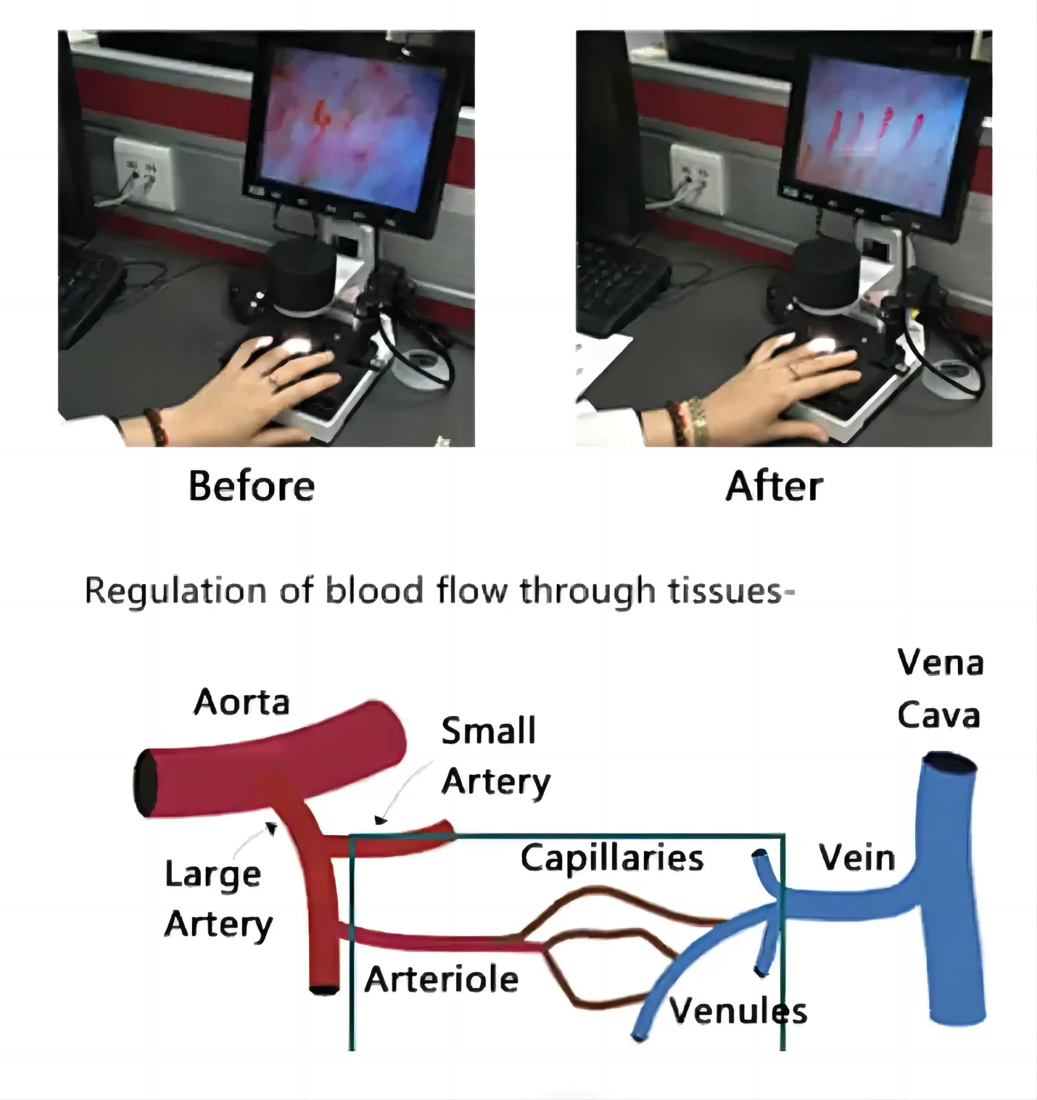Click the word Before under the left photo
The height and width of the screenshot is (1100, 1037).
click(x=252, y=487)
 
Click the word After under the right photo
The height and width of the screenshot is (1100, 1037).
click(x=774, y=487)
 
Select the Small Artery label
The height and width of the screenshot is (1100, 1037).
click(x=495, y=755)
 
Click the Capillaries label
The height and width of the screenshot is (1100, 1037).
click(x=612, y=858)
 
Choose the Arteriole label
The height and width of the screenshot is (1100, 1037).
click(x=441, y=979)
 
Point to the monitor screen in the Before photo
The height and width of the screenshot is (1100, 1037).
click(x=352, y=125)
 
